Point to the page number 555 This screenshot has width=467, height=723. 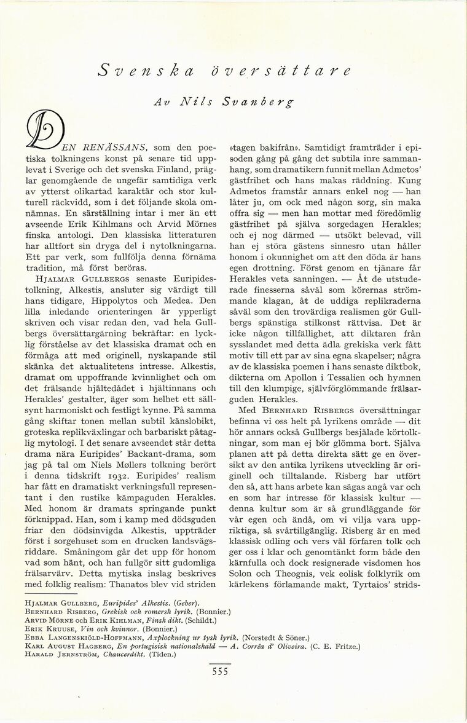point(218,671)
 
